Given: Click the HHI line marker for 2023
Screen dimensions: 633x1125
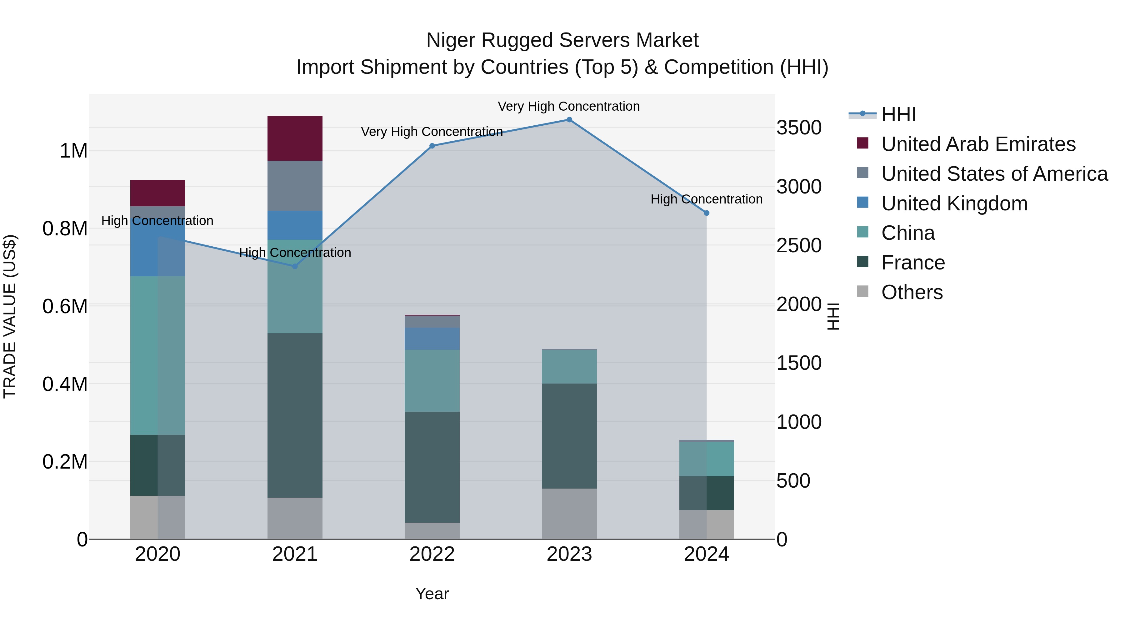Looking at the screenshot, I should coord(569,120).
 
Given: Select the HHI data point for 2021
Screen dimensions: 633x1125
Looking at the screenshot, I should coord(295,266).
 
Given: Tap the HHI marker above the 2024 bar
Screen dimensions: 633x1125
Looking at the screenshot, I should coord(707,213).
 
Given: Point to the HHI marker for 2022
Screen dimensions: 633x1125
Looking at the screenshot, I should coord(432,146).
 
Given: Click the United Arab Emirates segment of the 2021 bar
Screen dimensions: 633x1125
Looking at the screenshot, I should coord(295,138).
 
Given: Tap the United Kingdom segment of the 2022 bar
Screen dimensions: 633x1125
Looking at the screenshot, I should coord(432,339).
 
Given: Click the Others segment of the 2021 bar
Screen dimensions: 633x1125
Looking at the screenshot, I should coord(295,518).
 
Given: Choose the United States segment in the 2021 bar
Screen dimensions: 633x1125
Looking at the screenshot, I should coord(295,186).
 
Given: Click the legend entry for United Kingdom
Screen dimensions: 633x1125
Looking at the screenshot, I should coord(954,203).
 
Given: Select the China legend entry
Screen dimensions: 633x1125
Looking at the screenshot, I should coord(908,233).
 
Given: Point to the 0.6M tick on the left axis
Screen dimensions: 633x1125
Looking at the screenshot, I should coord(65,306).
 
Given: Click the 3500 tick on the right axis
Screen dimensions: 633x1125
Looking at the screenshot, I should coord(799,128).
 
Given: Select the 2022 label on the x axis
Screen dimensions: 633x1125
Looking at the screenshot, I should coord(432,554).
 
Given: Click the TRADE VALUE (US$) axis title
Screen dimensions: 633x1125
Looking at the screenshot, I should coord(10,316).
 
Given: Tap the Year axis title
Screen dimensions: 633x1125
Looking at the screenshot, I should coord(432,594).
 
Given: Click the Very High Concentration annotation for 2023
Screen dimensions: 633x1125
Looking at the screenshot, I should coord(569,106).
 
